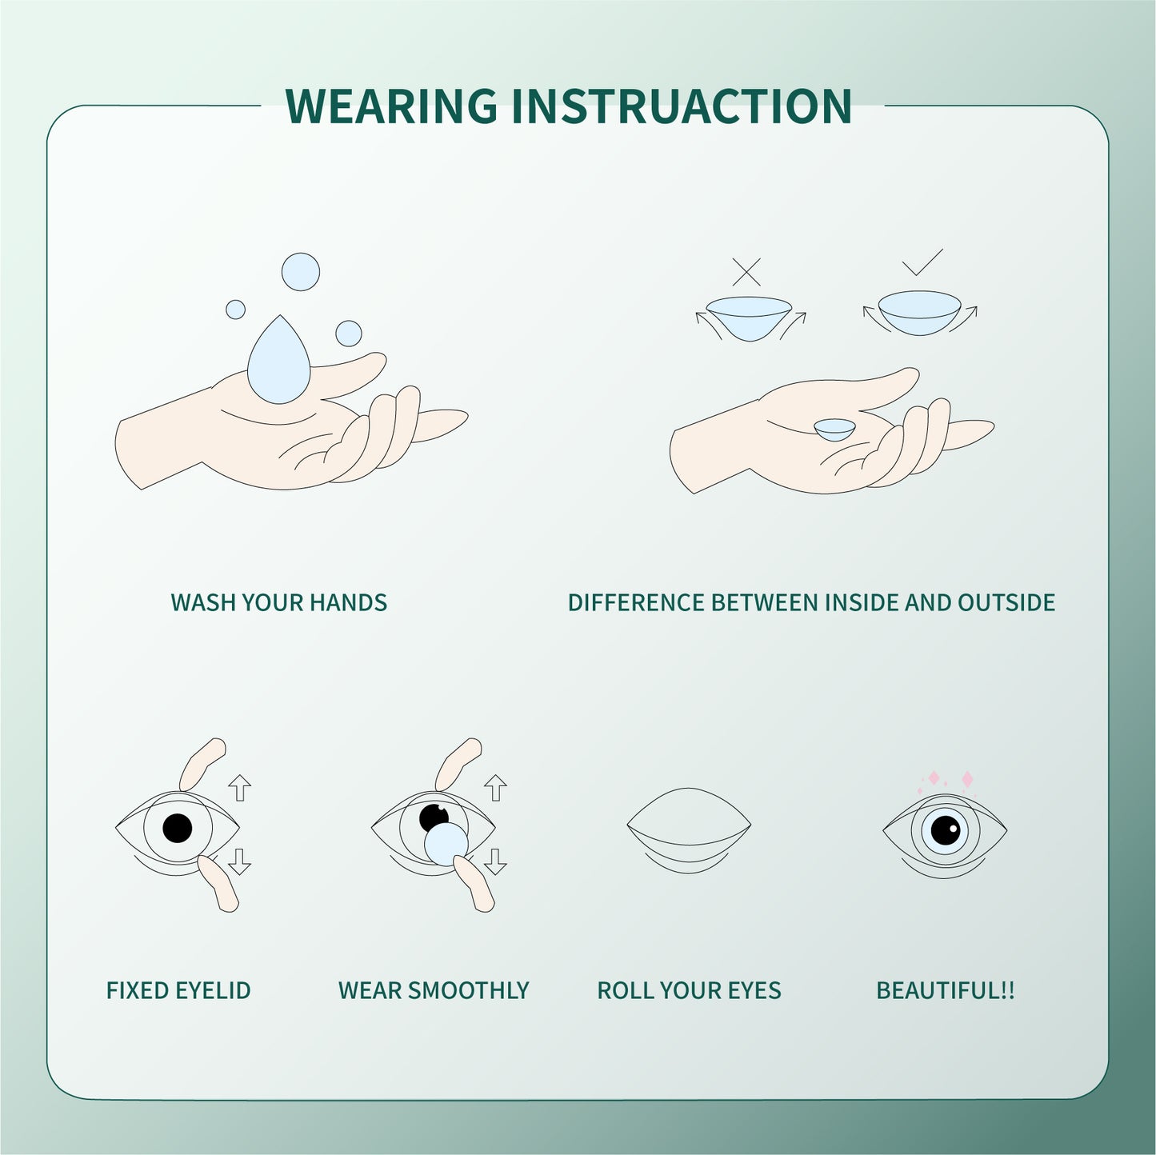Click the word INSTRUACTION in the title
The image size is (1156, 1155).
click(x=681, y=106)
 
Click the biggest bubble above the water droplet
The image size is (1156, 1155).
click(x=300, y=271)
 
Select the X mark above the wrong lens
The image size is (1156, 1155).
click(x=746, y=272)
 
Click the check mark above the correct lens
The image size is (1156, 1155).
click(x=922, y=263)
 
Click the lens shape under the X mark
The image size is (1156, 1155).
click(x=749, y=317)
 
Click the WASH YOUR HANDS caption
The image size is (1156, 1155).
click(x=278, y=602)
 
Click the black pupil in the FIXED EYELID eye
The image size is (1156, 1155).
click(x=177, y=828)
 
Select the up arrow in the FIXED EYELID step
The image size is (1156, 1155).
click(x=239, y=787)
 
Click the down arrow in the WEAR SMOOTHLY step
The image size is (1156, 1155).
click(x=495, y=861)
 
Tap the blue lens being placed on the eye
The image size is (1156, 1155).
click(x=446, y=844)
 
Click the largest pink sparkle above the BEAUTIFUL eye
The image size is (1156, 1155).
click(x=966, y=779)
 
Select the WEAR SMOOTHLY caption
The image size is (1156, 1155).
click(x=434, y=990)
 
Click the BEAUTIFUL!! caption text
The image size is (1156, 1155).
click(x=945, y=990)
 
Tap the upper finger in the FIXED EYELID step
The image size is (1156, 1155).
click(x=202, y=761)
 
